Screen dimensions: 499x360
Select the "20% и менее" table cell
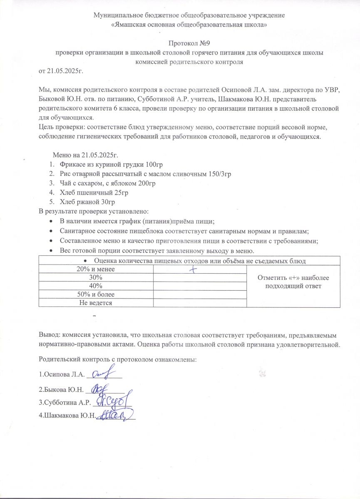click(x=96, y=269)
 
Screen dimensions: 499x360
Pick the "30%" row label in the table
click(x=96, y=277)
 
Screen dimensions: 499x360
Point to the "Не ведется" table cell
click(x=96, y=303)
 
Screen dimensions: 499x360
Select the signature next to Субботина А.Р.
click(x=114, y=401)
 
